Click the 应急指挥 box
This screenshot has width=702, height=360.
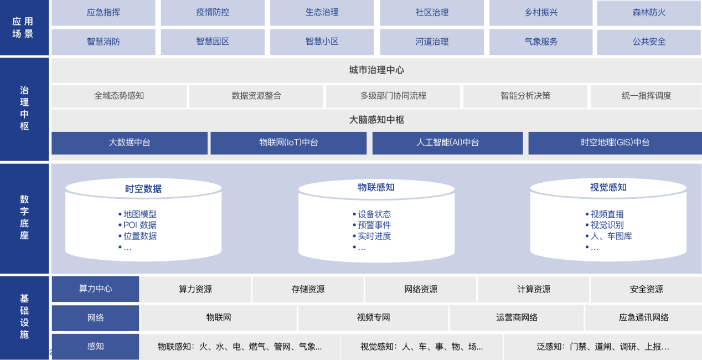pos(104,12)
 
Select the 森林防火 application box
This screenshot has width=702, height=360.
pos(649,12)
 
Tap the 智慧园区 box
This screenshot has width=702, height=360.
pos(213,42)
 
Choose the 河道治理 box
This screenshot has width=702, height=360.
pos(432,42)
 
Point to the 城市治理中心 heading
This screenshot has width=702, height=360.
pos(376,70)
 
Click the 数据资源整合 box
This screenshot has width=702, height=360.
pos(256,96)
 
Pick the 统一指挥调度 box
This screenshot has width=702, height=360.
pos(646,96)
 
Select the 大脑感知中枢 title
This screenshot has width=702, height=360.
pos(376,120)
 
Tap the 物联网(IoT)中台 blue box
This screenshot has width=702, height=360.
pos(288,143)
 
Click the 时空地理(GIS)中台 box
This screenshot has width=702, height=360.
pos(615,143)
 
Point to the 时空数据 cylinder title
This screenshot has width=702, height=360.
pos(143,189)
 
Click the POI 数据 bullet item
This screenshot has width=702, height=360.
pos(140,225)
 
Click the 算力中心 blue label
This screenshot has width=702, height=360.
pos(95,289)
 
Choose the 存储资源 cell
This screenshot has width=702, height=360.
pos(308,289)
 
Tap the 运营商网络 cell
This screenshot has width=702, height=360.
pos(517,318)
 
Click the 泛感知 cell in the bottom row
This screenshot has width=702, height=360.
pos(602,347)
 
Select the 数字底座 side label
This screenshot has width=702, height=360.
pos(24,218)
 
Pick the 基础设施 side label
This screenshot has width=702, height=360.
pos(24,317)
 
